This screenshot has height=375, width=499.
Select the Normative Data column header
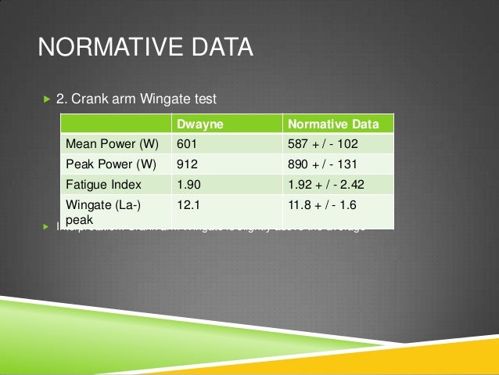pyautogui.click(x=334, y=124)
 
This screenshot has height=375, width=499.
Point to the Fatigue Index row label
pyautogui.click(x=103, y=185)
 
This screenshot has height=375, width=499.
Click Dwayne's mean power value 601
pyautogui.click(x=187, y=144)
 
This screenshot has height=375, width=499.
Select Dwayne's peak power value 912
pyautogui.click(x=187, y=164)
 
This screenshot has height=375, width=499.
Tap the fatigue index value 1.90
pyautogui.click(x=188, y=185)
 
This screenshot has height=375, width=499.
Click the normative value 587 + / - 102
pyautogui.click(x=327, y=144)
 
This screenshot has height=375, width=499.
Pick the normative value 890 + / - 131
pyautogui.click(x=327, y=164)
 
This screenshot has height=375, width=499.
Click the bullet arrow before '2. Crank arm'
pyautogui.click(x=45, y=100)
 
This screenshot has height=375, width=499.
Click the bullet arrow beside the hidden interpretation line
pyautogui.click(x=45, y=228)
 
